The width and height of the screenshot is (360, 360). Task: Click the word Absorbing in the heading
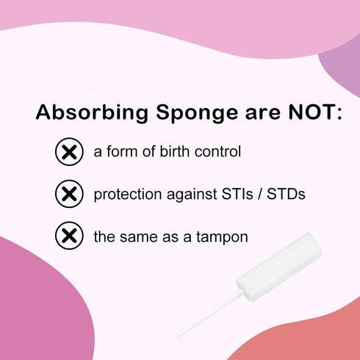pyautogui.click(x=85, y=114)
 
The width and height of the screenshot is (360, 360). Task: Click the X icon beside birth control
pyautogui.click(x=69, y=153)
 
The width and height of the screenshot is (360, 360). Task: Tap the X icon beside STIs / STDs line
pyautogui.click(x=69, y=195)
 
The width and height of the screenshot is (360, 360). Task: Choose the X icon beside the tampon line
pyautogui.click(x=69, y=237)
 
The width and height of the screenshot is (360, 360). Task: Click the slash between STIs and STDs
pyautogui.click(x=256, y=195)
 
